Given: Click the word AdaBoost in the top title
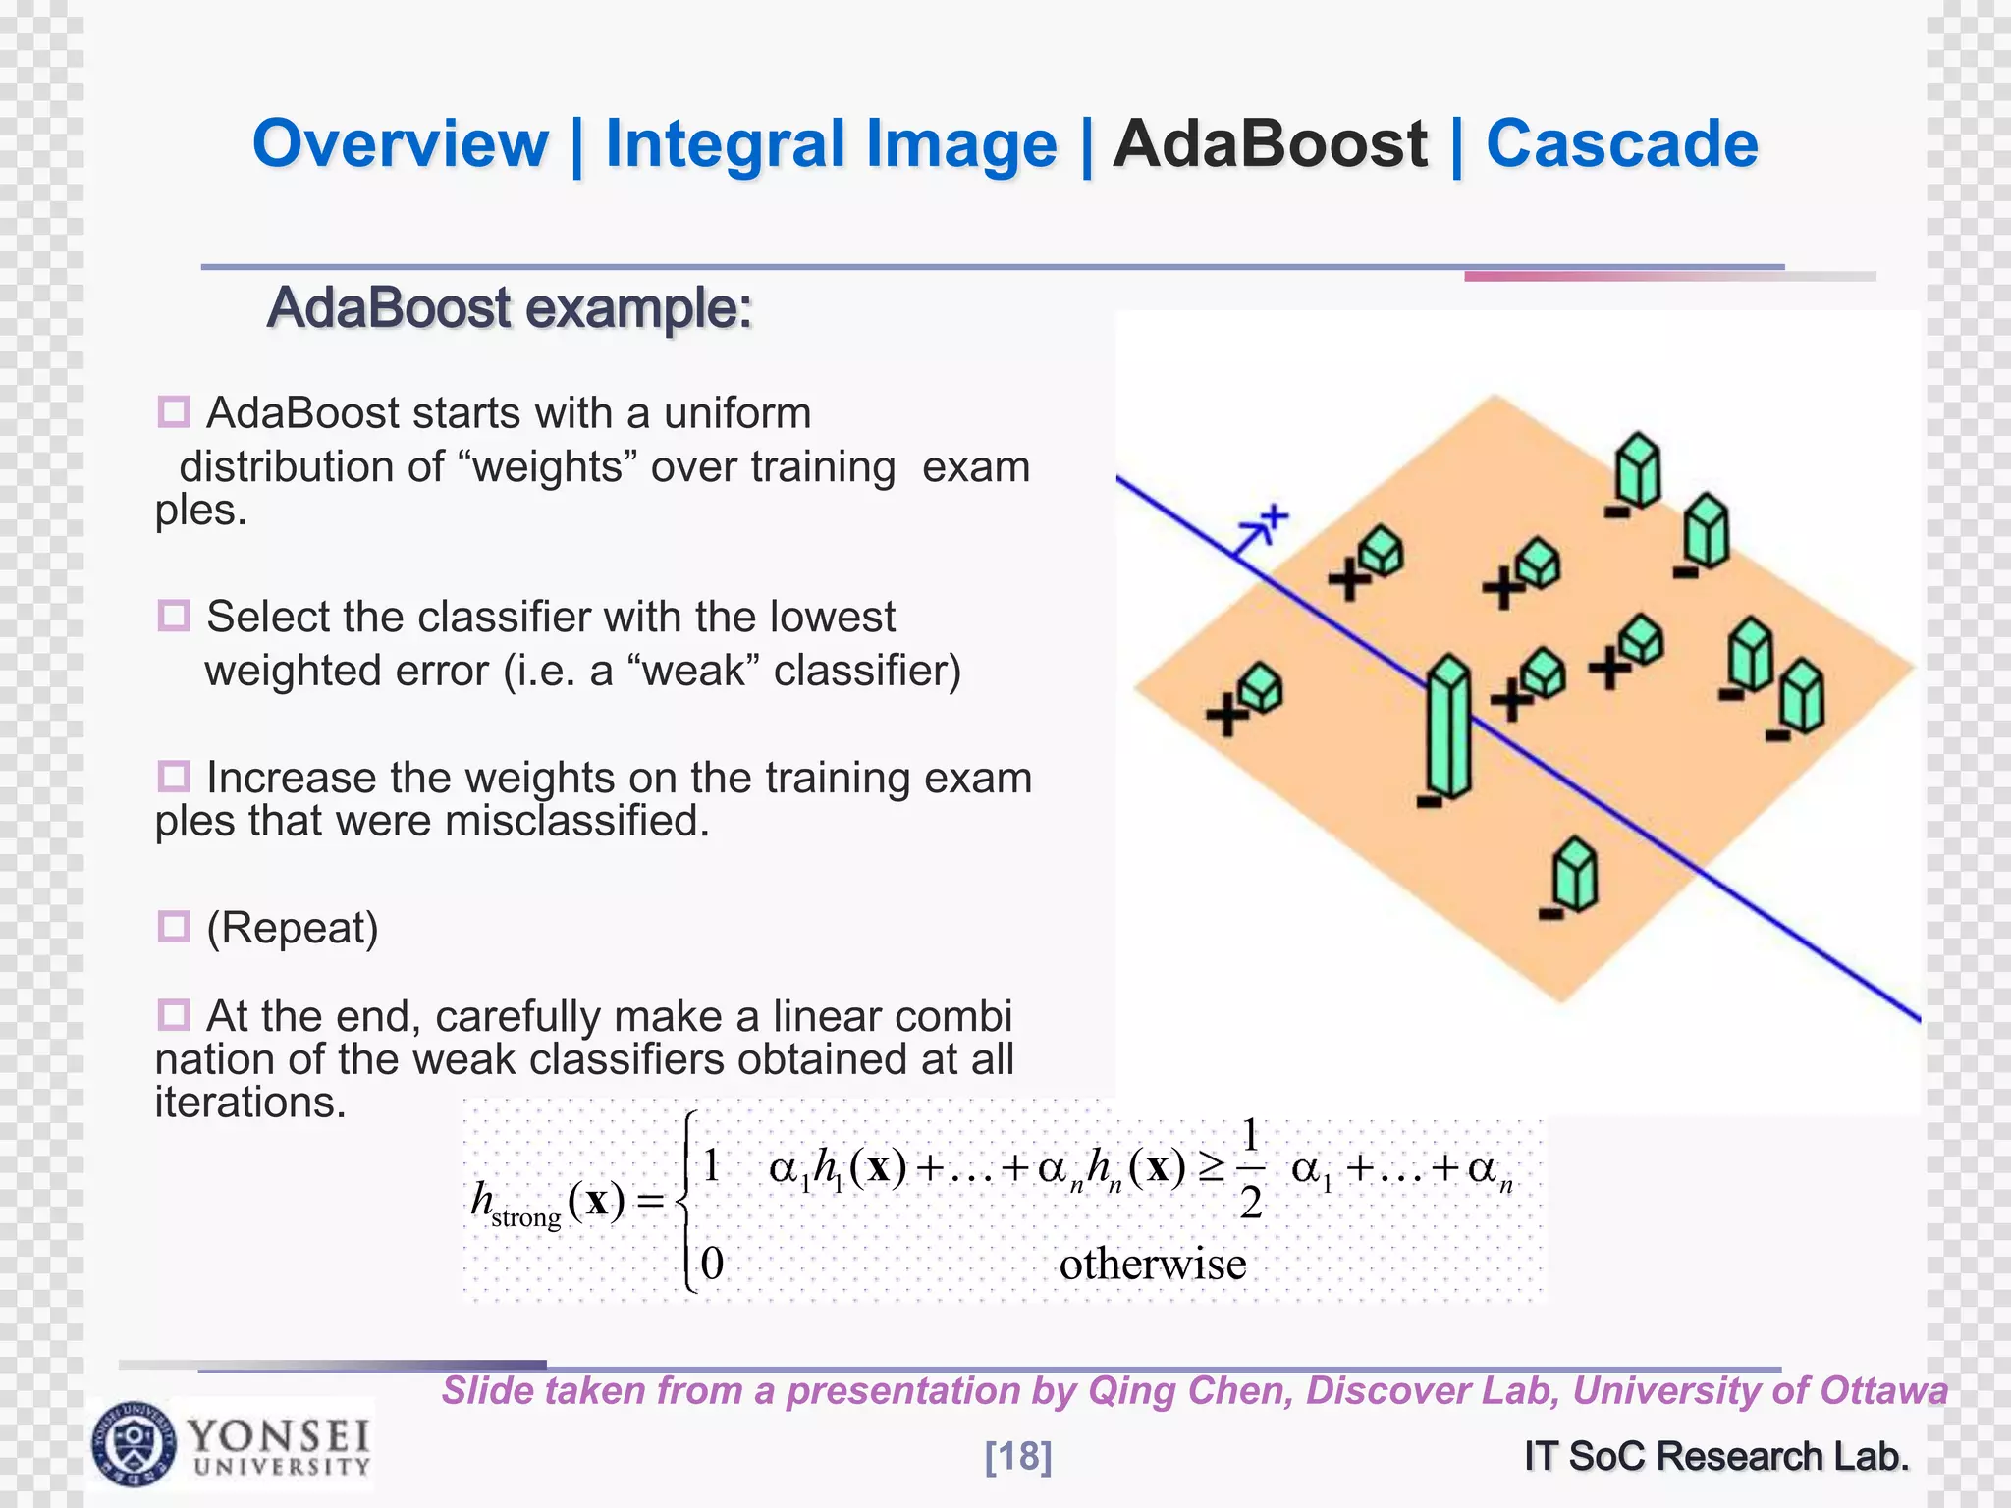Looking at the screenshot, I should pyautogui.click(x=1270, y=144).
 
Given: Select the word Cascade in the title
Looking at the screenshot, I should pyautogui.click(x=1621, y=144).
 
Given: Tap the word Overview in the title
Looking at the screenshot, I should pyautogui.click(x=400, y=144).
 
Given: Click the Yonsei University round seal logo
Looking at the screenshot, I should pyautogui.click(x=135, y=1444).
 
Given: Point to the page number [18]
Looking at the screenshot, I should pyautogui.click(x=1018, y=1456).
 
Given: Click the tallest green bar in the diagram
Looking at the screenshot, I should pyautogui.click(x=1448, y=727).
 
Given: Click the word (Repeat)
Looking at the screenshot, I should pyautogui.click(x=292, y=928).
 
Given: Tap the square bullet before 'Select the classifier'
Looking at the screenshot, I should pyautogui.click(x=174, y=617).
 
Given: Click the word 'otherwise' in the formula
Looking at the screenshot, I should pyautogui.click(x=1152, y=1264).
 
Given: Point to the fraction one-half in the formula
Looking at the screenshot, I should pyautogui.click(x=1250, y=1168).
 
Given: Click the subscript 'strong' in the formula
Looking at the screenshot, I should pyautogui.click(x=526, y=1218).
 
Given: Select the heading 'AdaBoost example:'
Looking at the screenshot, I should pyautogui.click(x=510, y=308).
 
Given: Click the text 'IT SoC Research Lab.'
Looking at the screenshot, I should pyautogui.click(x=1716, y=1456).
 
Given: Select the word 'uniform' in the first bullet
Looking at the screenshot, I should pyautogui.click(x=737, y=413).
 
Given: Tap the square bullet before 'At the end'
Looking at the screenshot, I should pyautogui.click(x=174, y=1014).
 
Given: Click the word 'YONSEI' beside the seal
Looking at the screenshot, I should pyautogui.click(x=279, y=1436).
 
